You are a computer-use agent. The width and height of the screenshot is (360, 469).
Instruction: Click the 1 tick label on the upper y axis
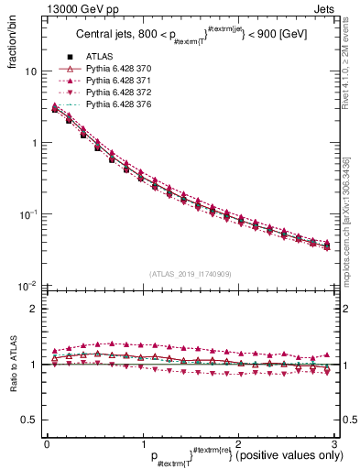32,143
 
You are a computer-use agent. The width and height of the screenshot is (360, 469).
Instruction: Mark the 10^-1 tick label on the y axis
27,213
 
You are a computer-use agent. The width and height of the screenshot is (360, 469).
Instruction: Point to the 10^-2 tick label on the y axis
27,285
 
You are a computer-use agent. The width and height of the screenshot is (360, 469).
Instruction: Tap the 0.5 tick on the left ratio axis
28,420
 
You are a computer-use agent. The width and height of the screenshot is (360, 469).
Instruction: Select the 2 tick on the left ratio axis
32,309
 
